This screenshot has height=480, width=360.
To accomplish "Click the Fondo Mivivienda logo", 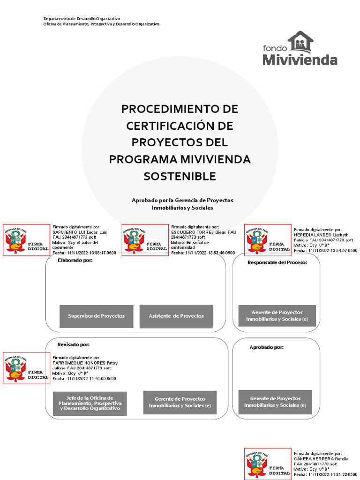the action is point(300,48).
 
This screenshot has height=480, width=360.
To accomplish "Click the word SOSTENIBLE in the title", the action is point(180,176).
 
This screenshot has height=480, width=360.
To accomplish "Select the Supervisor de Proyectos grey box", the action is point(96,316).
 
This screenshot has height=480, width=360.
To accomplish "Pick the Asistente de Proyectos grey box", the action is point(176,316).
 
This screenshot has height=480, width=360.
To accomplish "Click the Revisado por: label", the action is point(73,345).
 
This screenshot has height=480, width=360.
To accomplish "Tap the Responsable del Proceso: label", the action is point(277,262).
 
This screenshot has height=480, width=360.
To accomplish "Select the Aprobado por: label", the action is point(266,347).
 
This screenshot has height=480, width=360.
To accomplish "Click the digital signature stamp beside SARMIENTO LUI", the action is point(27,240).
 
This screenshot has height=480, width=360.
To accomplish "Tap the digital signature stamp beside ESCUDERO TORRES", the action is point(145,240).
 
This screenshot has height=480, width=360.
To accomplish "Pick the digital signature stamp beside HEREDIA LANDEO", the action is point(268,240).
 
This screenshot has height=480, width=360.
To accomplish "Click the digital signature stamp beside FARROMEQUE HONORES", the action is point(27,367).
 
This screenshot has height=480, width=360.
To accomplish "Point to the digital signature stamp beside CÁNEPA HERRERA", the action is point(268,464).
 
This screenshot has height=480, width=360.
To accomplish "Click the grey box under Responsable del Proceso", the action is point(277,315).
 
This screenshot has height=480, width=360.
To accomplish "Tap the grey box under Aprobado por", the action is point(275,402).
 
